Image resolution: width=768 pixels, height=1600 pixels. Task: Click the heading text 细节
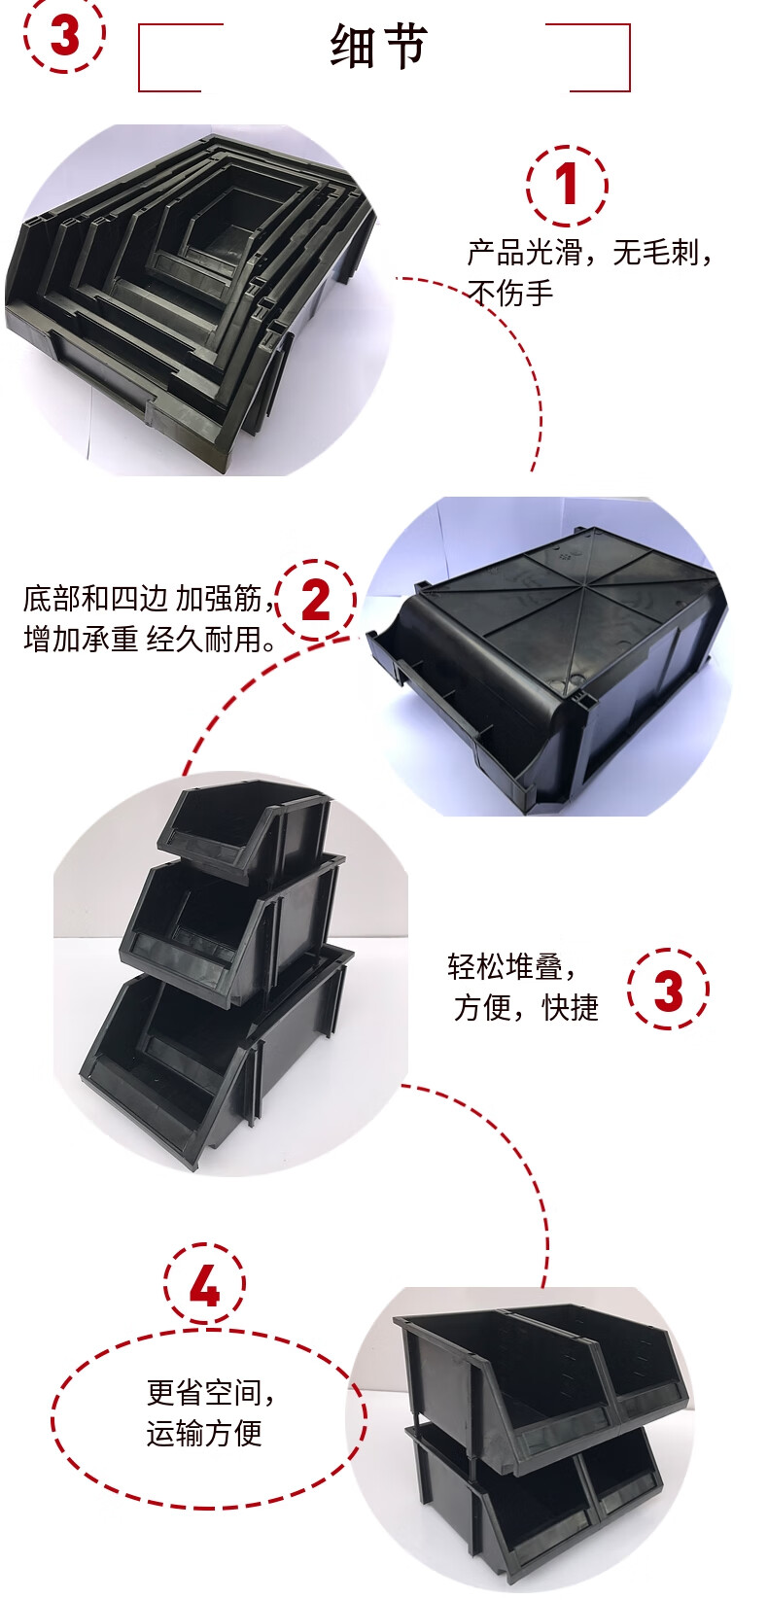click(x=378, y=47)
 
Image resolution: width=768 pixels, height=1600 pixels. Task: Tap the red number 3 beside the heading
click(x=64, y=36)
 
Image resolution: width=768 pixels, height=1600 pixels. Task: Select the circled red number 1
click(x=567, y=185)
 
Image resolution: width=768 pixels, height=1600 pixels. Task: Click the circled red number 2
click(x=316, y=600)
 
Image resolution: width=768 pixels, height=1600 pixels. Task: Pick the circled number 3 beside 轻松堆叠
click(x=668, y=990)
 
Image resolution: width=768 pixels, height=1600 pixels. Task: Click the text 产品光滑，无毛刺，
click(x=590, y=253)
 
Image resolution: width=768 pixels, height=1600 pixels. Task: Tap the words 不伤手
click(x=510, y=293)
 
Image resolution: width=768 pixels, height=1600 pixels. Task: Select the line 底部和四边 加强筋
click(x=150, y=599)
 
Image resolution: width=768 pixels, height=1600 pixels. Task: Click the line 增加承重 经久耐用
click(x=150, y=639)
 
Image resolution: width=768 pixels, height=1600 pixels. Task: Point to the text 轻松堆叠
click(x=511, y=966)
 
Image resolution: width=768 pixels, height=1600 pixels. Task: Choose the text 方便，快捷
click(x=527, y=1007)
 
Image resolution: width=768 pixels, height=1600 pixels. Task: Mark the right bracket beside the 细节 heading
click(x=588, y=57)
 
